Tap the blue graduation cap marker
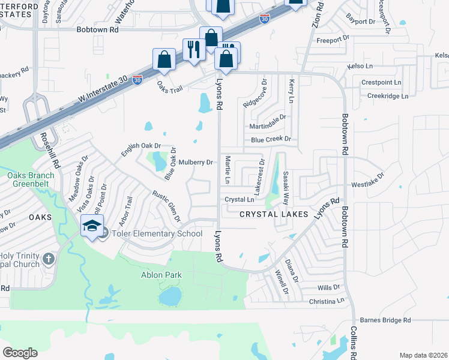click(92, 226)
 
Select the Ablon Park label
click(161, 275)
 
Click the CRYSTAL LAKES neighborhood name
click(274, 214)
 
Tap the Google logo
click(20, 352)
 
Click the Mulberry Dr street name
click(196, 162)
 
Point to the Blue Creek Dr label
click(271, 139)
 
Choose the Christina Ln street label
click(325, 301)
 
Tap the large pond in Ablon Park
click(170, 296)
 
